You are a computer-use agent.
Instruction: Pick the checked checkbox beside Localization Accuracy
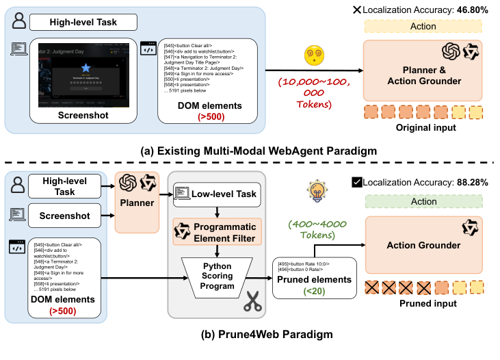[356, 182]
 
